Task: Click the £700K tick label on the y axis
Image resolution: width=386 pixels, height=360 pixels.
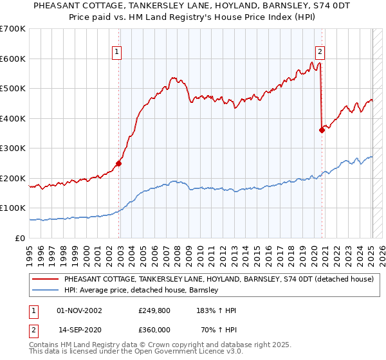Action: pos(13,29)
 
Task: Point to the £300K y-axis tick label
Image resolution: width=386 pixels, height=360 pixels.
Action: pos(13,148)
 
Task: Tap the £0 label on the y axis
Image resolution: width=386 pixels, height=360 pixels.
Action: pos(21,238)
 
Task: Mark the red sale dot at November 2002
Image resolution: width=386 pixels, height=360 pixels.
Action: pos(119,163)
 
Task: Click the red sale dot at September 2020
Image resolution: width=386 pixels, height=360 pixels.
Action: pos(322,130)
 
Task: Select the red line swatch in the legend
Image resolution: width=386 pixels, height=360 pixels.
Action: pos(45,280)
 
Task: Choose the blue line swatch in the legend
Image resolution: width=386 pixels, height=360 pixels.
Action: pos(45,290)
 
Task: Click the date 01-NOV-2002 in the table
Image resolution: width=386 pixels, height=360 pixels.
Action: pos(80,310)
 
